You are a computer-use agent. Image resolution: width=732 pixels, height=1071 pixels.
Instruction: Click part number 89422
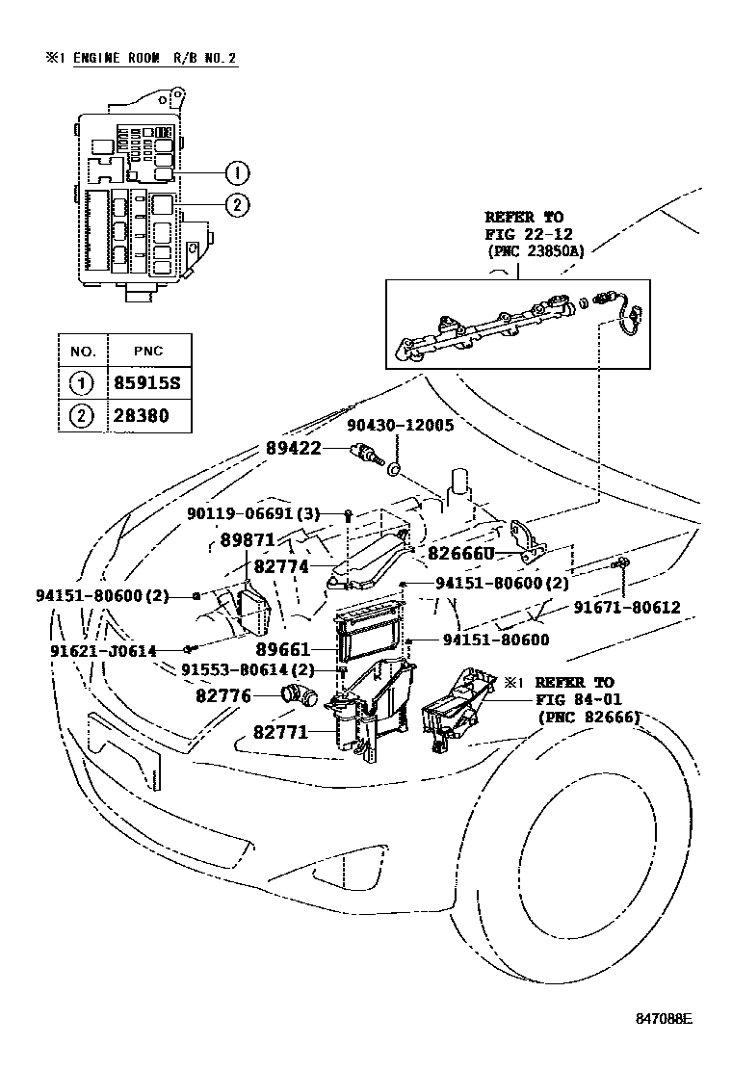coord(293,448)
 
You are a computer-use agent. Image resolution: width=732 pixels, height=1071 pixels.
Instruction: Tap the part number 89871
coord(248,540)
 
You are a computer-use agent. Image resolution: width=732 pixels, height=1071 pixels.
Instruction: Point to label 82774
coord(280,567)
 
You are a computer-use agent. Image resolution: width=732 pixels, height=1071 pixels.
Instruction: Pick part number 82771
coord(280,732)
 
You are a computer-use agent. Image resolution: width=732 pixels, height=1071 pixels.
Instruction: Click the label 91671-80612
coord(627,608)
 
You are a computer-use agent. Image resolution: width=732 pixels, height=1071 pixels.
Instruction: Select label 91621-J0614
coord(103,651)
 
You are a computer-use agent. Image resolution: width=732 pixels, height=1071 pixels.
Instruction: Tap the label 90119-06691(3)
coord(252,514)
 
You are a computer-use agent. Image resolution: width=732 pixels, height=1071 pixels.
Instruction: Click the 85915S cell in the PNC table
coord(148,383)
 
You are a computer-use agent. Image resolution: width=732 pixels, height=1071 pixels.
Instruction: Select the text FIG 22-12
coord(528,234)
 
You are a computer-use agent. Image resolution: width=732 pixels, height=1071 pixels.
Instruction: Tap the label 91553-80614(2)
coord(248,670)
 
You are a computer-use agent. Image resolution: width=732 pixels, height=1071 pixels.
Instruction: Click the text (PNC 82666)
coord(588,717)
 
